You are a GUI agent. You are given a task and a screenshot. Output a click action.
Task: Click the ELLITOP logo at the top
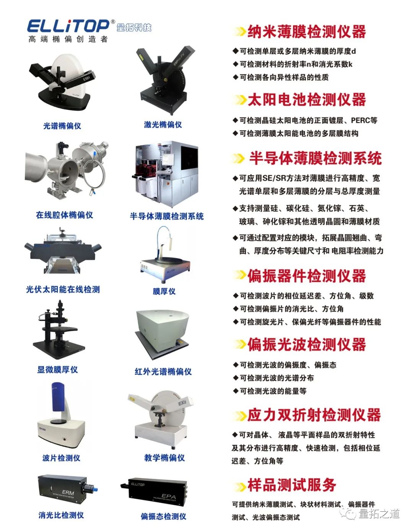pos(68,26)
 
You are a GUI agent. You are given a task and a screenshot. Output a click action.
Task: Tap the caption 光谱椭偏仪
pos(62,126)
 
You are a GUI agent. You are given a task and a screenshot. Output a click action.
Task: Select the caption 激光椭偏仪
pos(163,125)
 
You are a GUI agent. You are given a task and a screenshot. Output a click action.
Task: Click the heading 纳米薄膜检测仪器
pos(307,32)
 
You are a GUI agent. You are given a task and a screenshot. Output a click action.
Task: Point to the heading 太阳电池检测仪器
pos(307,100)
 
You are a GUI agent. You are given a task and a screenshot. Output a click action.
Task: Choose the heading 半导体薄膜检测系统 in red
pos(315,158)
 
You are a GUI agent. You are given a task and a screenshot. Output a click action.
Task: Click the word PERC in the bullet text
pos(361,120)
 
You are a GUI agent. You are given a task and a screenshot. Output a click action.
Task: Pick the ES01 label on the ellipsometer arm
pos(86,78)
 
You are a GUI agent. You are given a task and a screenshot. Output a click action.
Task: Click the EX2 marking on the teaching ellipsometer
pos(182,403)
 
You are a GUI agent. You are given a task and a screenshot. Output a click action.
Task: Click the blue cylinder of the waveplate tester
pos(58,397)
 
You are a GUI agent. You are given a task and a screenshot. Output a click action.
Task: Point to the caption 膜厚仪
pos(164,291)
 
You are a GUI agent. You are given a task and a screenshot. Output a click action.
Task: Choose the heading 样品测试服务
pos(292,484)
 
